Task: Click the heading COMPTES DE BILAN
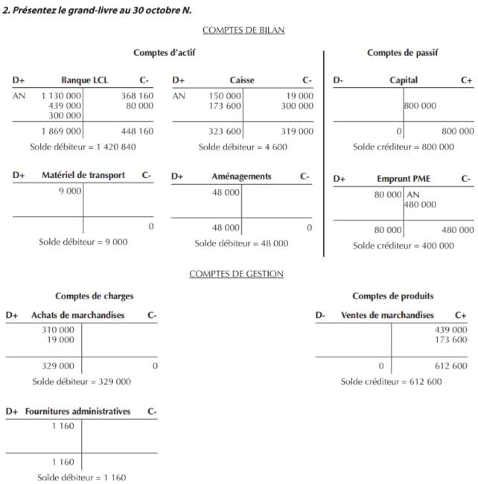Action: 243,31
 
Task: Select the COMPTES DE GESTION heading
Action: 236,274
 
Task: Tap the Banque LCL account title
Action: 84,80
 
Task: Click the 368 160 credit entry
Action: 137,96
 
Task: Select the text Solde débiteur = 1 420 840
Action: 83,147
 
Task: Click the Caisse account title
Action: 242,80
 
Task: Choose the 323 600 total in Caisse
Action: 224,131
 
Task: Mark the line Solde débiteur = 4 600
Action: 243,147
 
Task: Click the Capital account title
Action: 404,80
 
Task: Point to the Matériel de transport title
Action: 83,176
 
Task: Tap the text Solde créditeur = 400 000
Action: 403,246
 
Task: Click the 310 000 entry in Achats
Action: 58,330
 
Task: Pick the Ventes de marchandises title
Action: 387,316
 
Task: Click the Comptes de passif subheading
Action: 402,53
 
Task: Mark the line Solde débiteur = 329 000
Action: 81,381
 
